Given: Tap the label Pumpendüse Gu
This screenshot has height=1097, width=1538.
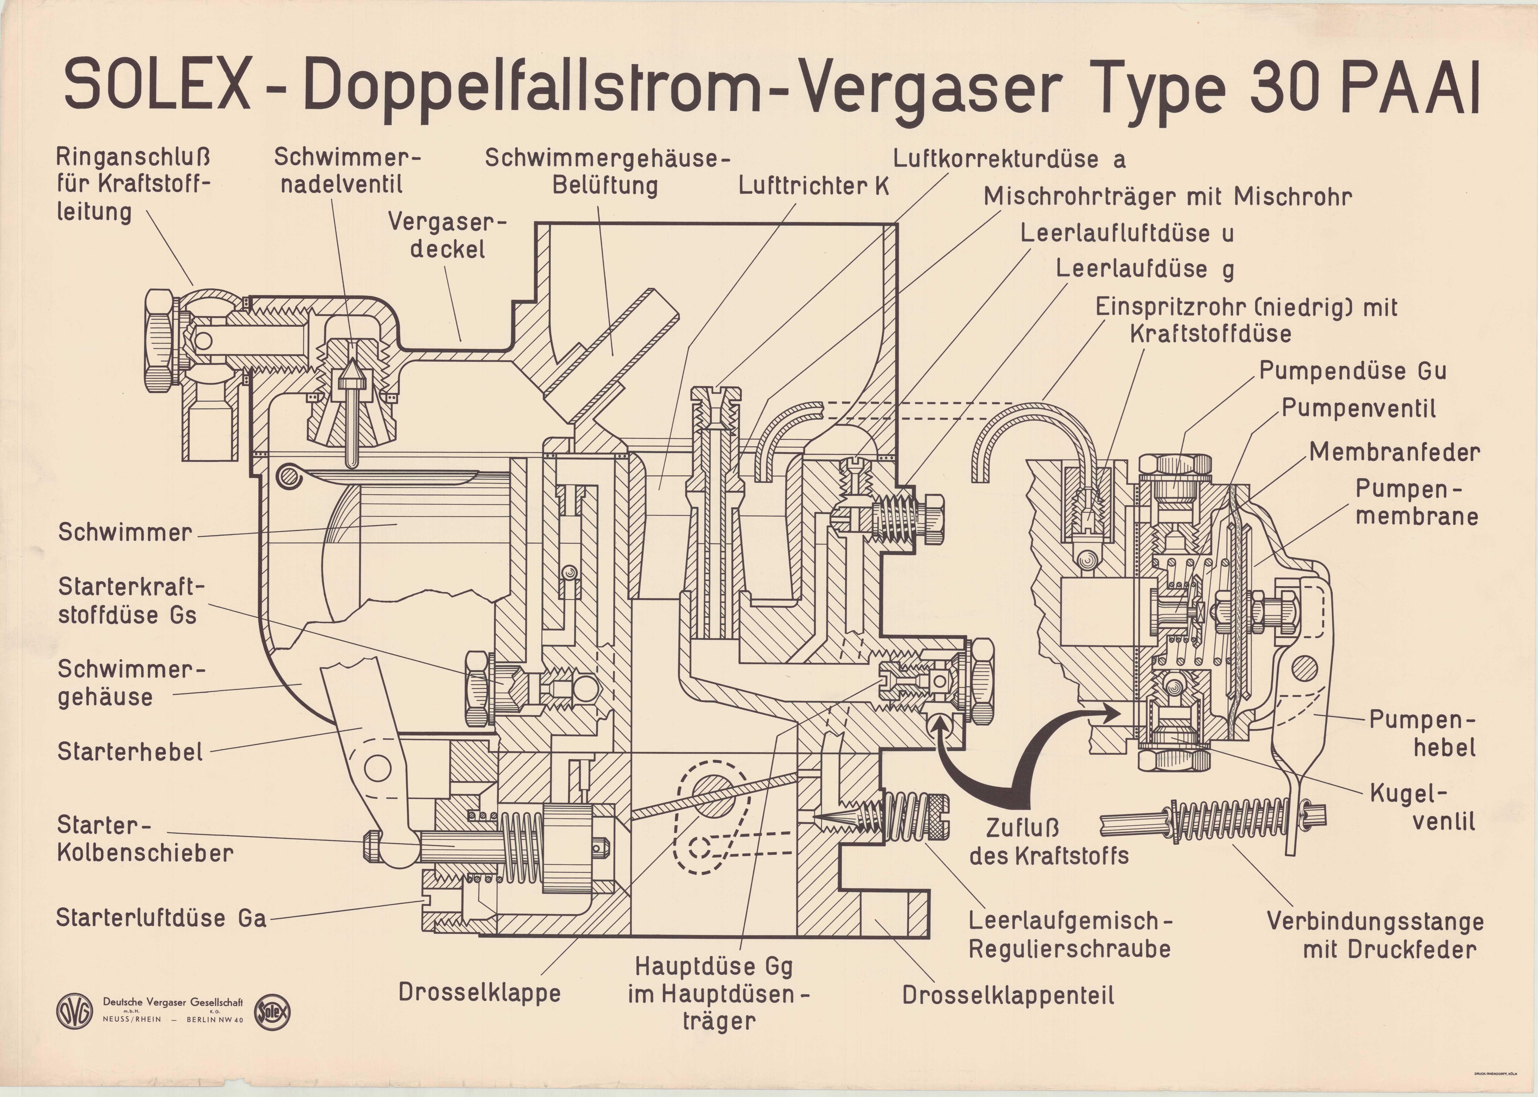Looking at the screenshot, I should [x=1352, y=371].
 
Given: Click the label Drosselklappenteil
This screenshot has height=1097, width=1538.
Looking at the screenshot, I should [x=1008, y=995].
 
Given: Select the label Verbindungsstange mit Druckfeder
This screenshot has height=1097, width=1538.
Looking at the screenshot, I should [x=1375, y=935].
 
